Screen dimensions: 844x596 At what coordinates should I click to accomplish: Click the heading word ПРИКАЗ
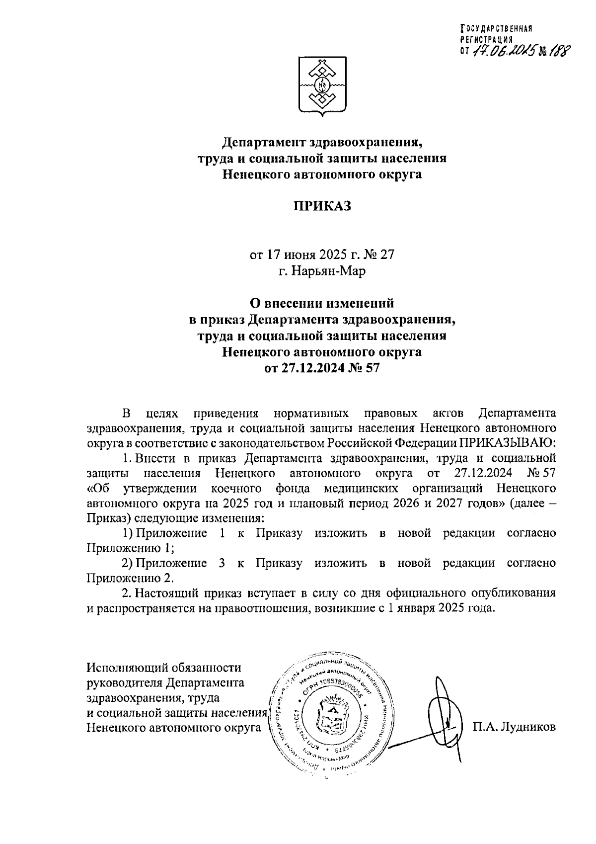click(x=321, y=206)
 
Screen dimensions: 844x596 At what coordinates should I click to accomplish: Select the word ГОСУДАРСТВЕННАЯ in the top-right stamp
click(x=497, y=28)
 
